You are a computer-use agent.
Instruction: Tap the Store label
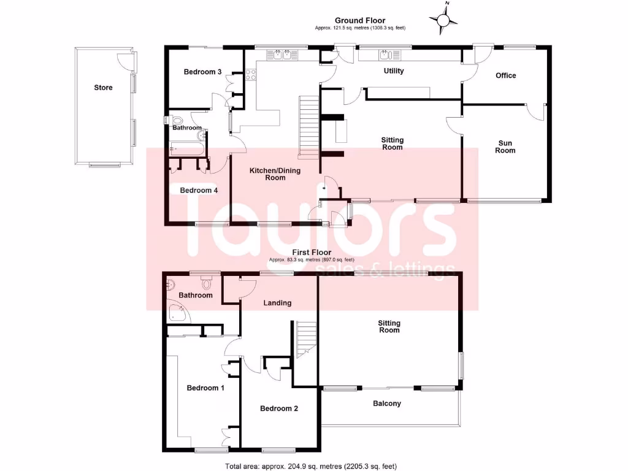pyautogui.click(x=103, y=88)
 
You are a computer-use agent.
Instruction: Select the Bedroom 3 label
pyautogui.click(x=202, y=72)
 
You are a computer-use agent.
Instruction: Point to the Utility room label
pyautogui.click(x=394, y=71)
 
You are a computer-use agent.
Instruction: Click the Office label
pyautogui.click(x=506, y=75)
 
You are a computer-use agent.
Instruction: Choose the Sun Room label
pyautogui.click(x=505, y=147)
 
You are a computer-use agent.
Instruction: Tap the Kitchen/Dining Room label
pyautogui.click(x=275, y=174)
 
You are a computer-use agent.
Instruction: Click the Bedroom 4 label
pyautogui.click(x=199, y=190)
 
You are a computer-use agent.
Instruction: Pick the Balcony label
pyautogui.click(x=387, y=404)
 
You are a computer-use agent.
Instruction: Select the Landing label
pyautogui.click(x=277, y=303)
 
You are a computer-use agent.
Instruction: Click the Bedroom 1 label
pyautogui.click(x=205, y=388)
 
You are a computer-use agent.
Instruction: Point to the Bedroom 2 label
pyautogui.click(x=279, y=408)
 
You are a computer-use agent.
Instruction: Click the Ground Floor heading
pyautogui.click(x=360, y=21)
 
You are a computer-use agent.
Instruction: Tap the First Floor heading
pyautogui.click(x=312, y=252)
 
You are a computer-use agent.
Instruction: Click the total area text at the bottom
pyautogui.click(x=313, y=465)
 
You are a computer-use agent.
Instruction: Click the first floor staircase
pyautogui.click(x=305, y=339)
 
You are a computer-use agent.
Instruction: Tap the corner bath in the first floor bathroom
pyautogui.click(x=178, y=313)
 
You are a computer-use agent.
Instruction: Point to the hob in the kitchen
pyautogui.click(x=251, y=75)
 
